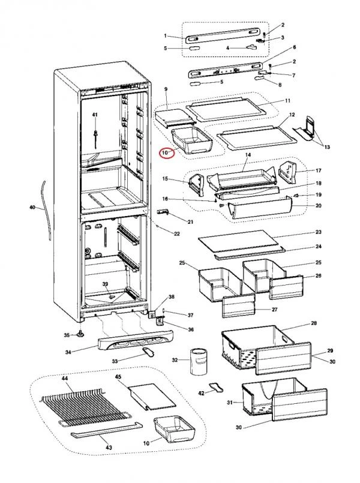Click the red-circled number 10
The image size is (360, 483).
tap(165, 152)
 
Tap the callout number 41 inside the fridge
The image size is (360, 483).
tap(95, 115)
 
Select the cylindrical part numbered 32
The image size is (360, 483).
tap(199, 361)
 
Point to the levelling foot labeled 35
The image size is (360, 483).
tap(81, 334)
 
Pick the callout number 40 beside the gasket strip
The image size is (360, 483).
tap(32, 208)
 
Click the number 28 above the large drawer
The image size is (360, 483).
tap(314, 323)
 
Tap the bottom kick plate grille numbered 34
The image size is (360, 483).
tap(135, 340)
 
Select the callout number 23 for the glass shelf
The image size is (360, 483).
tap(319, 232)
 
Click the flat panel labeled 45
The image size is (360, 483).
tap(152, 397)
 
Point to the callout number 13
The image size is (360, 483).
tap(327, 147)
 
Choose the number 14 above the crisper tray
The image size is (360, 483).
tap(248, 155)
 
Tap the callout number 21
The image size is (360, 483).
tap(190, 222)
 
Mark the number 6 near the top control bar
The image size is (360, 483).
tap(295, 47)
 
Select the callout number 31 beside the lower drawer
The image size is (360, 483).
tap(230, 402)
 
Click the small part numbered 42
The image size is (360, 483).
tap(217, 388)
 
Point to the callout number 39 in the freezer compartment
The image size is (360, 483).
tap(106, 284)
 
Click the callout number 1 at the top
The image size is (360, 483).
tap(166, 36)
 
